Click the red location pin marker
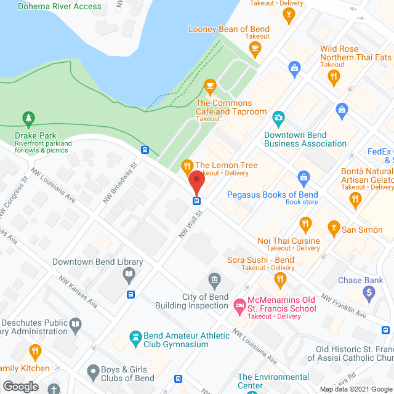[196, 183]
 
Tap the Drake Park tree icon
[28, 118]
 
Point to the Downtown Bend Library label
[97, 262]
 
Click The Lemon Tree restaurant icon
[186, 166]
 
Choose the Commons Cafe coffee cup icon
[210, 85]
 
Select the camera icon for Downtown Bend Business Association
[278, 117]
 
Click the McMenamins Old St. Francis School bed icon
[238, 305]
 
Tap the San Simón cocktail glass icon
[333, 229]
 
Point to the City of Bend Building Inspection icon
[214, 281]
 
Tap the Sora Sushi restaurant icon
[280, 281]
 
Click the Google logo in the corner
[20, 386]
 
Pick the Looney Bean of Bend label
[229, 29]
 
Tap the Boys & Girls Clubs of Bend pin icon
[92, 371]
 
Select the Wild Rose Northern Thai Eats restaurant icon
[334, 76]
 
